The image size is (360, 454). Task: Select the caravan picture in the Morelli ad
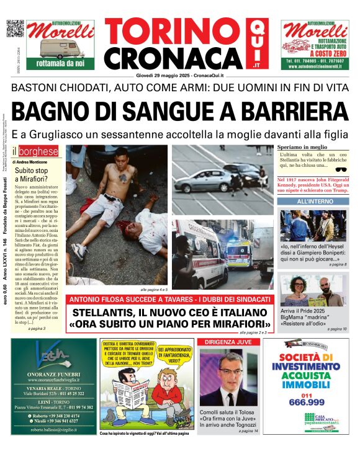60,47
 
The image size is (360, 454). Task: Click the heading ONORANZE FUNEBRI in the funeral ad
54,374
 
